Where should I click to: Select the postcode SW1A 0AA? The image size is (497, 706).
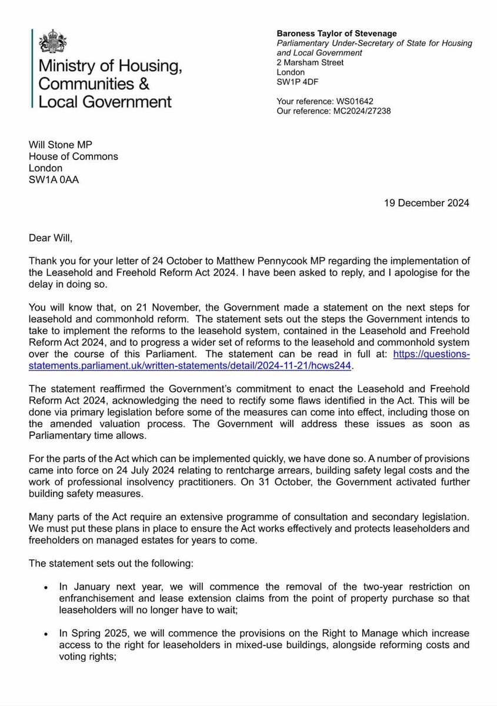[54, 180]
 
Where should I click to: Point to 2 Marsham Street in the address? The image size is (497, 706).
[310, 62]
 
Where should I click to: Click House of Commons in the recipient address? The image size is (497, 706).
[74, 157]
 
